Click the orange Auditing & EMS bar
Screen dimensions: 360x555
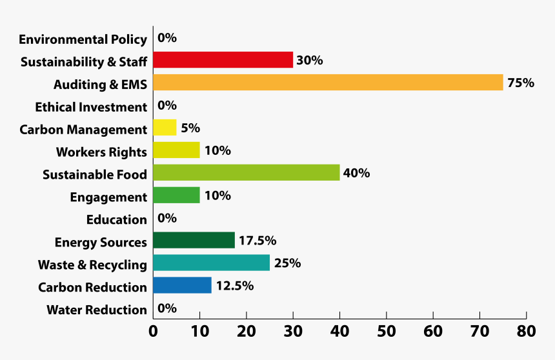tap(328, 83)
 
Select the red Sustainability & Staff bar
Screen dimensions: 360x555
tap(223, 60)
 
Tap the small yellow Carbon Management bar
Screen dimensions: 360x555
tap(165, 128)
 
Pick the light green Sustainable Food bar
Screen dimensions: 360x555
tap(246, 173)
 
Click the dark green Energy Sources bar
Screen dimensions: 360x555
tap(194, 241)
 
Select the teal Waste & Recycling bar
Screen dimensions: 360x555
tap(211, 263)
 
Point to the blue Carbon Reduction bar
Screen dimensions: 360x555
tap(182, 286)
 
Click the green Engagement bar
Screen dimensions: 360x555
tap(176, 195)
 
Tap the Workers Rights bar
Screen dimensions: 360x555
tap(176, 150)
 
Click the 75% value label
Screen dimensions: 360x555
tap(520, 83)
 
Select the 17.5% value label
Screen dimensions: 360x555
tap(257, 241)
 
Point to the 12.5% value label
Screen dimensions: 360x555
tap(234, 286)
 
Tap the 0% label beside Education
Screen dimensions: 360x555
tap(167, 218)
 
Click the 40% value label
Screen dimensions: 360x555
tap(356, 173)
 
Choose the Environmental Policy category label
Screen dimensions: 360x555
tap(83, 39)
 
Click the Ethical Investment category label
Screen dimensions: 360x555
tap(91, 107)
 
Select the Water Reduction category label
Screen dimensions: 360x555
tap(97, 310)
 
